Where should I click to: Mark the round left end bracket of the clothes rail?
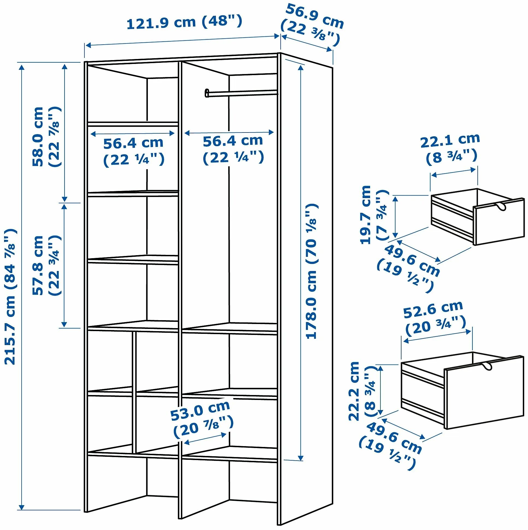pos(207,93)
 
